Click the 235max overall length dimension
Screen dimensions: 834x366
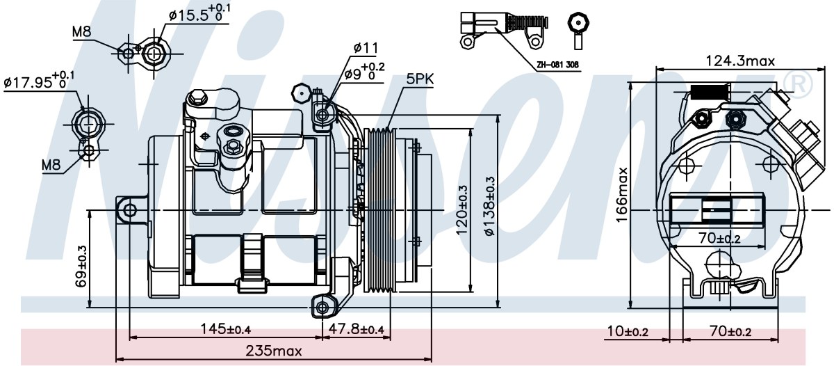coord(274,351)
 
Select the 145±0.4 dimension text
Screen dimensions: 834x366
coord(226,329)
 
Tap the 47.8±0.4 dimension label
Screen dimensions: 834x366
coord(356,329)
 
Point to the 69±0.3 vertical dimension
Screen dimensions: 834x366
coord(81,266)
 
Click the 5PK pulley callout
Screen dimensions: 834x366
coord(420,79)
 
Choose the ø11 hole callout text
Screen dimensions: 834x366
coord(366,48)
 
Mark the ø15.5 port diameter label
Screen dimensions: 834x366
coord(199,13)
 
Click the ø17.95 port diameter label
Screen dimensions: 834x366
coord(39,80)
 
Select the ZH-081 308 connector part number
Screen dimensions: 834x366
coord(557,65)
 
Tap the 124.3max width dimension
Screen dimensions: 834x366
coord(740,61)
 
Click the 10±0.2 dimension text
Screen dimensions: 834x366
coord(628,331)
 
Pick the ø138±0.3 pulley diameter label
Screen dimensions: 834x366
coord(491,206)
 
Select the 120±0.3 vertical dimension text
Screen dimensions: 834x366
coord(462,209)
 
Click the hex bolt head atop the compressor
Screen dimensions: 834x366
coord(197,98)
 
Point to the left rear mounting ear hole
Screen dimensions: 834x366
coord(129,210)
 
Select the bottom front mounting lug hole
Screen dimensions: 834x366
coord(322,308)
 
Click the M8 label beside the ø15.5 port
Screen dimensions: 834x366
coord(81,32)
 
